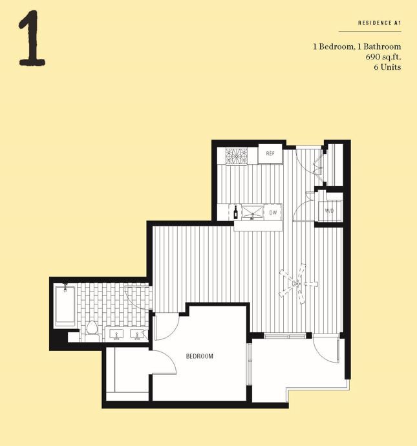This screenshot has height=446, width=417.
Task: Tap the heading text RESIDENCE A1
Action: pos(380,23)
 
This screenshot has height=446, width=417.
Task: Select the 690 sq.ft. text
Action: pos(383,57)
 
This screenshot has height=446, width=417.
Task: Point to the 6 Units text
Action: pos(386,67)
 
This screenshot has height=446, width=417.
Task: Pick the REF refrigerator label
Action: pos(270,154)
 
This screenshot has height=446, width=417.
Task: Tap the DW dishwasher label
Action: pos(273,212)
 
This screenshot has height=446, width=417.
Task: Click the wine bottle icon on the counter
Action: pos(236,211)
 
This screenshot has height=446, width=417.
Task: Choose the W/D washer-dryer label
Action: pos(329,211)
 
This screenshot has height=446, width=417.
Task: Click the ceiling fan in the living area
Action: pos(297,283)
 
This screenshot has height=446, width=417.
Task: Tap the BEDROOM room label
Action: pos(199,356)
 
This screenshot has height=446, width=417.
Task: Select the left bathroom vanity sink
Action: pos(116,335)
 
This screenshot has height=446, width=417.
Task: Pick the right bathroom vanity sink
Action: pos(137,335)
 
